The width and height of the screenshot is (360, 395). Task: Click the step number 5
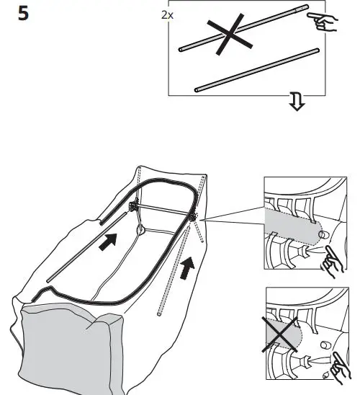pyautogui.click(x=23, y=14)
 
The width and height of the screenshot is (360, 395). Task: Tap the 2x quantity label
pyautogui.click(x=166, y=13)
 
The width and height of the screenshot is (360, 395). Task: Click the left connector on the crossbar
pyautogui.click(x=133, y=207)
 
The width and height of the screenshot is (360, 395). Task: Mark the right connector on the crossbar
pyautogui.click(x=192, y=216)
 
